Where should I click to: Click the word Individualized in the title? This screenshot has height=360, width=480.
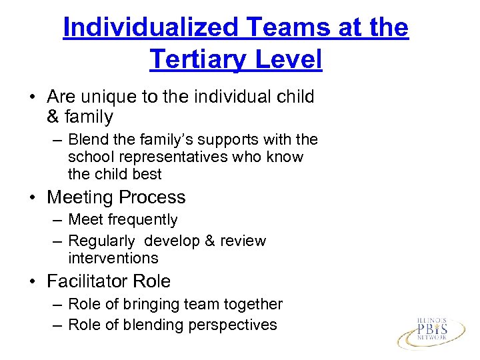pyautogui.click(x=151, y=27)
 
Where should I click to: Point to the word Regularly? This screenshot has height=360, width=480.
pyautogui.click(x=101, y=241)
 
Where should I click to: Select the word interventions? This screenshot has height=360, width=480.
pyautogui.click(x=113, y=258)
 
